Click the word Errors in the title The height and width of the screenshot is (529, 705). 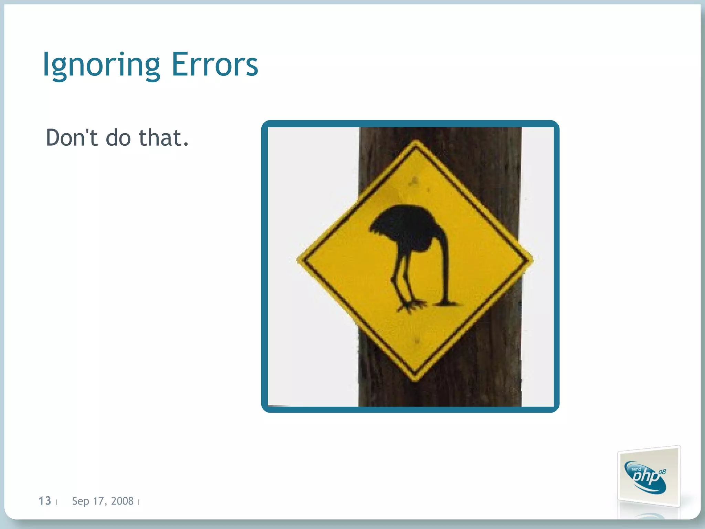click(x=214, y=65)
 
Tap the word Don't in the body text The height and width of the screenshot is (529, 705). click(x=72, y=138)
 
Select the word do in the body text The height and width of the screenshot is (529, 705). click(x=118, y=138)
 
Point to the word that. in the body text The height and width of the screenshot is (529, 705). click(x=164, y=138)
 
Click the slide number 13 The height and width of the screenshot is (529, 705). click(x=45, y=501)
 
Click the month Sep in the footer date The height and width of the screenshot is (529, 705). click(x=81, y=501)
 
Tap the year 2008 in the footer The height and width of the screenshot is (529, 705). click(x=122, y=501)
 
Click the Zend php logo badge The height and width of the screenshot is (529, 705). click(x=648, y=477)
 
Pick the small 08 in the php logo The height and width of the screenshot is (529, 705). click(x=662, y=471)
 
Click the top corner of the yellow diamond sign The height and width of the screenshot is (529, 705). click(x=416, y=142)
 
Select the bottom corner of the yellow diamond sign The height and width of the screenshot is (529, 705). click(x=415, y=380)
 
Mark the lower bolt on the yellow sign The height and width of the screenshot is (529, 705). click(x=417, y=341)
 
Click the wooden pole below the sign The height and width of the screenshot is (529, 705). click(x=441, y=393)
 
